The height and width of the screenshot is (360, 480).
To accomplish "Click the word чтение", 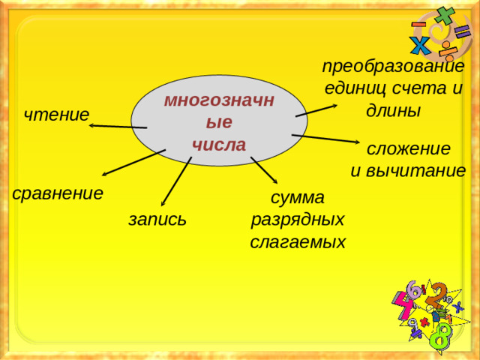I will (x=56, y=115).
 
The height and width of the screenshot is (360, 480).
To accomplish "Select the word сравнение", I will (x=58, y=193).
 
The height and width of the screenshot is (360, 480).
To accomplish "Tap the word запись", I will (x=157, y=220).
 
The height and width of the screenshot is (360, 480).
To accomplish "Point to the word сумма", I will (x=298, y=198).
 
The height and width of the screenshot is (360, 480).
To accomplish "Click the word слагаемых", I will (x=298, y=242).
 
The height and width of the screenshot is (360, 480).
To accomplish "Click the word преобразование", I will (x=393, y=65).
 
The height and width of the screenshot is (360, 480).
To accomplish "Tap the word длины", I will (x=393, y=110).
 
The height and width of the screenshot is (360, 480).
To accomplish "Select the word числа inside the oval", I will (x=219, y=144).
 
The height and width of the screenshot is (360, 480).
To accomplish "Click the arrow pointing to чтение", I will (x=118, y=126).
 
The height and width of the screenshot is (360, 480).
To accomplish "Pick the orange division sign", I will (x=448, y=50).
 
